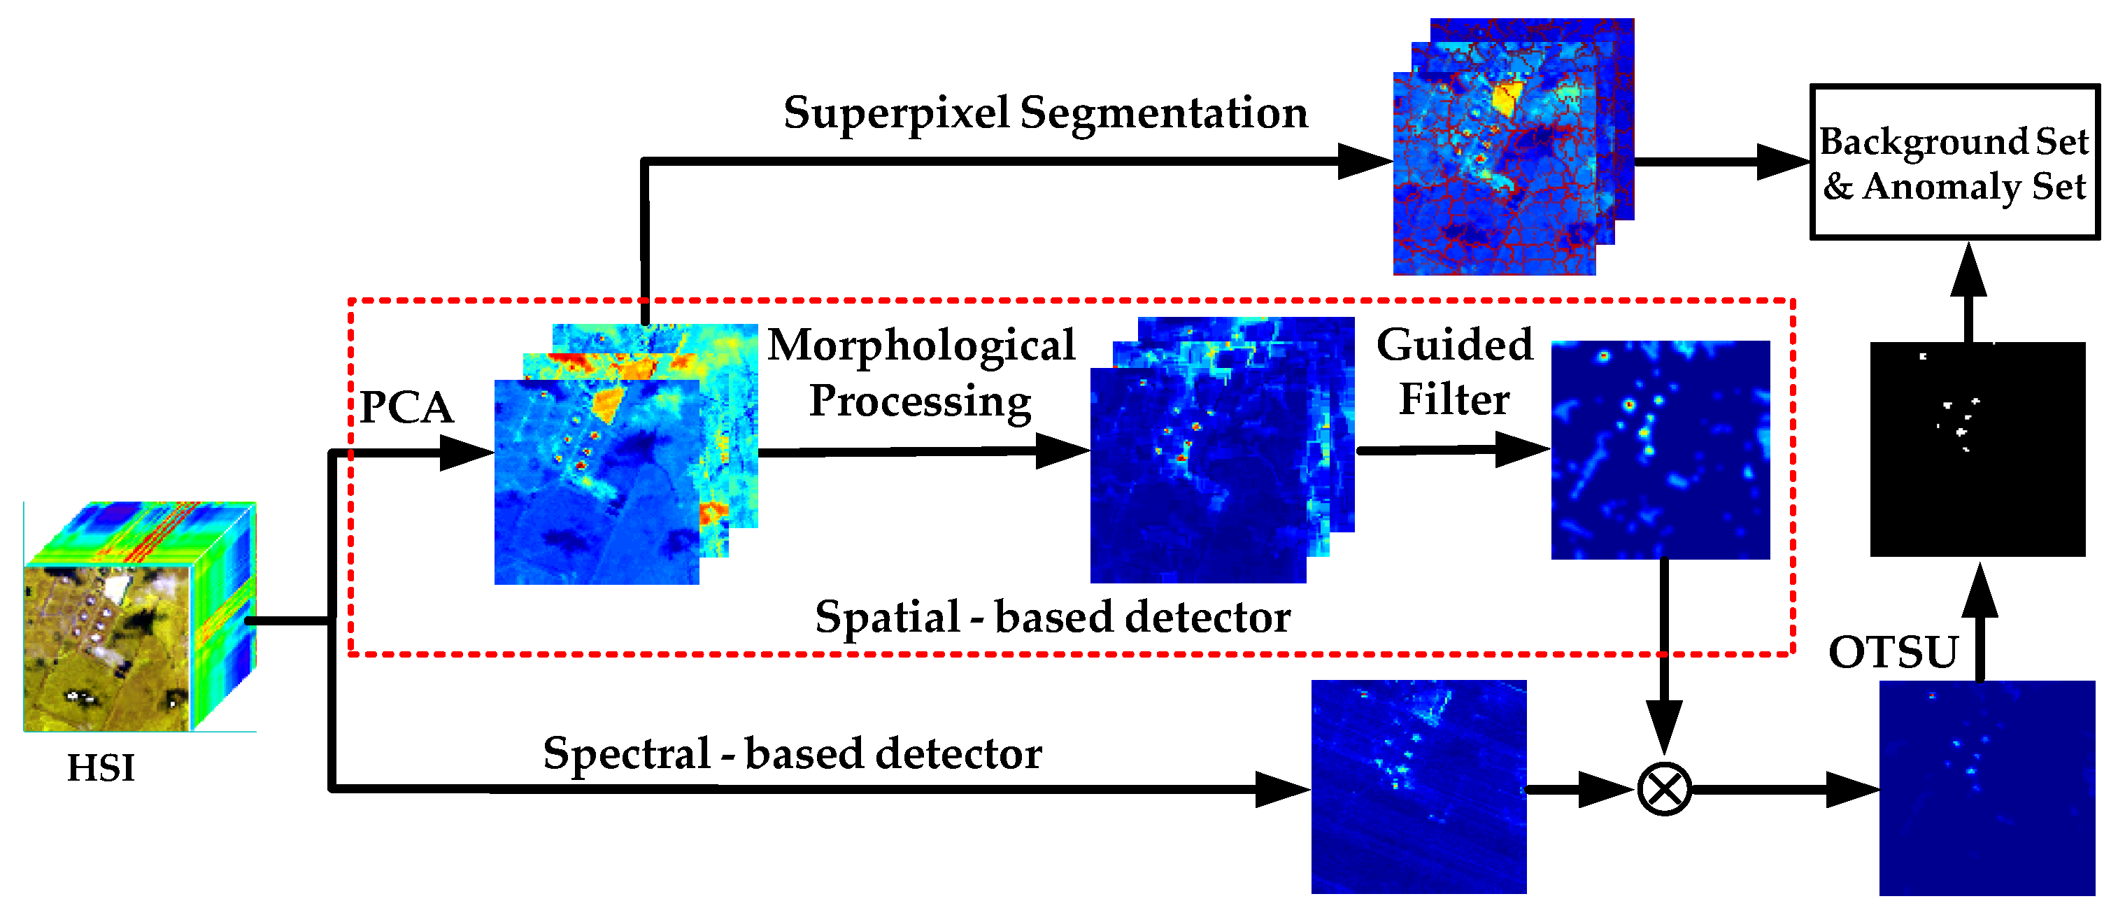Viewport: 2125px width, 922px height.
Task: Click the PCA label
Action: pos(406,407)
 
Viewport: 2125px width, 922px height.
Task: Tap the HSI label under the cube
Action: pos(101,769)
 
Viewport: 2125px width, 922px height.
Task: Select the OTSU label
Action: pos(1893,653)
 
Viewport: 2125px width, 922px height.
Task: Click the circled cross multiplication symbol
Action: pos(1664,789)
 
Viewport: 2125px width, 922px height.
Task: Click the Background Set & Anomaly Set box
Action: pos(1954,162)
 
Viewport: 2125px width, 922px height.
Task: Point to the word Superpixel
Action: pos(896,113)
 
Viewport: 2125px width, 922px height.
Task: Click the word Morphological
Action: pos(921,345)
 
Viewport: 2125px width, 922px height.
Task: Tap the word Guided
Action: pos(1454,345)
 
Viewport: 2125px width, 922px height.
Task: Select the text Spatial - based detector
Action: pos(1053,618)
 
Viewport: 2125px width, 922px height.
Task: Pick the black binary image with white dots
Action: pos(1977,449)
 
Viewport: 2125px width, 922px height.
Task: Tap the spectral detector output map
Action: pos(1418,787)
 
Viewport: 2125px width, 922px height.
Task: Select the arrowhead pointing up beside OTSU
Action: pos(1980,592)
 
